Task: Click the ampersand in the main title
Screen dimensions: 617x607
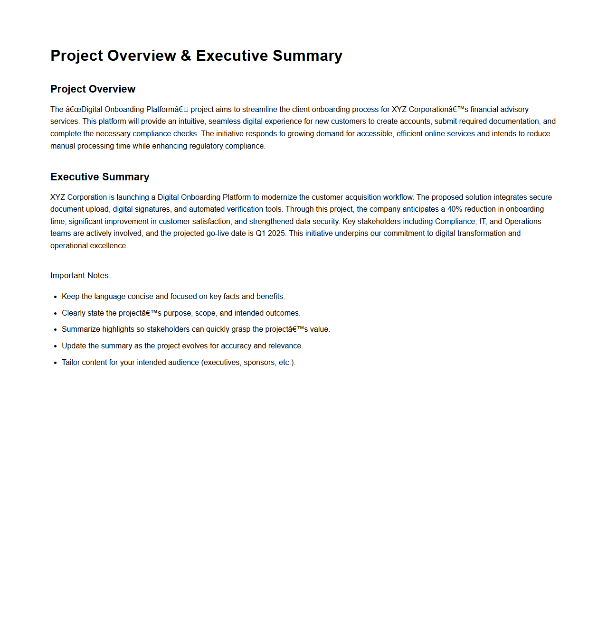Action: (x=186, y=56)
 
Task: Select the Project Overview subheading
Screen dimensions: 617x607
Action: (x=93, y=89)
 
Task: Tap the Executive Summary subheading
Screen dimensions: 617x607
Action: (x=100, y=177)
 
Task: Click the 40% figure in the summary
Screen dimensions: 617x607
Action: (x=455, y=209)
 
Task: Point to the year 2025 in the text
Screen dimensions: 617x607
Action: (x=276, y=234)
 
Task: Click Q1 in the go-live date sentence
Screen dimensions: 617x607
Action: (x=260, y=234)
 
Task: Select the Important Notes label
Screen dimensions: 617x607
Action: (x=80, y=276)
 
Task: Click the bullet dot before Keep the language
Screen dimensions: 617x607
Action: (x=56, y=297)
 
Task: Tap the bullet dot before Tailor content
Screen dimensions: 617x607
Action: (x=56, y=363)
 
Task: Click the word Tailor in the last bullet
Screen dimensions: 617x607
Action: (x=71, y=363)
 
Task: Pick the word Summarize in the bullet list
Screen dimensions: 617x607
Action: (x=81, y=329)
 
